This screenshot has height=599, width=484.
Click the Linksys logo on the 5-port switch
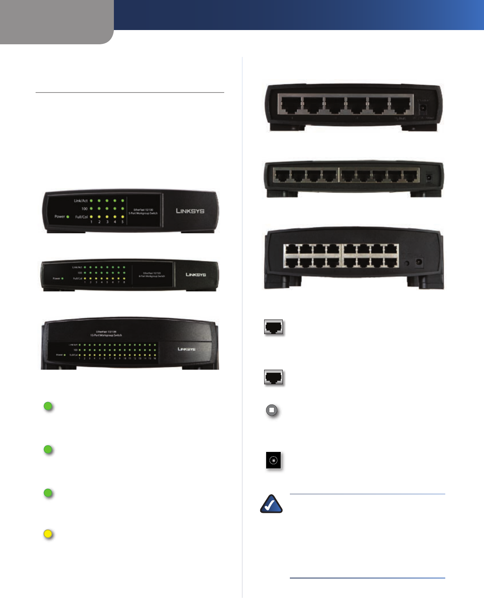click(190, 211)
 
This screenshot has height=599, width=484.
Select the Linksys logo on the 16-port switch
click(186, 349)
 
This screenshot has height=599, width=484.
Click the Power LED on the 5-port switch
click(68, 217)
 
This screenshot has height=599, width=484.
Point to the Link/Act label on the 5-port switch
click(81, 201)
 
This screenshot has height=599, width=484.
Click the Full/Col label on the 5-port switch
click(81, 217)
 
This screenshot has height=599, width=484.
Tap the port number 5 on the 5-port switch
click(123, 222)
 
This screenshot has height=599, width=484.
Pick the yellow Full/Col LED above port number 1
click(91, 217)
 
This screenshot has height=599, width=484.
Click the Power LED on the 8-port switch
click(62, 278)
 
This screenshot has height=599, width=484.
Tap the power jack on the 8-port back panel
click(428, 178)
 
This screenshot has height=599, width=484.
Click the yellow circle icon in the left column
click(48, 534)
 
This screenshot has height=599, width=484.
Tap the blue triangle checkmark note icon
click(271, 504)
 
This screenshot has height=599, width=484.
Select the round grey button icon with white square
click(272, 410)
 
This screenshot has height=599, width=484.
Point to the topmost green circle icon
click(48, 406)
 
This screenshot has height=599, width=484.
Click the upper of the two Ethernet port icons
click(274, 327)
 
